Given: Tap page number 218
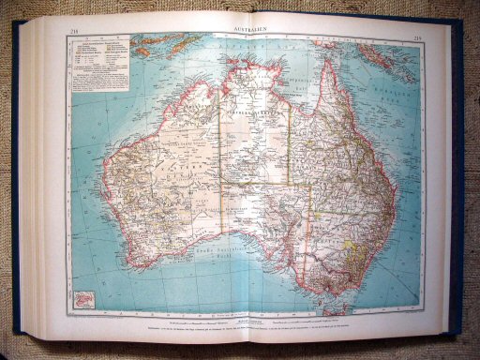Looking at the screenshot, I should pyautogui.click(x=74, y=34).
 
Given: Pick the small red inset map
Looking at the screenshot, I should pyautogui.click(x=82, y=298).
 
